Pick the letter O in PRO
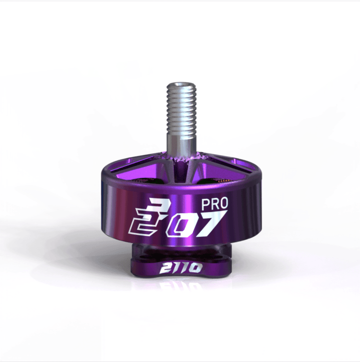point(225,204)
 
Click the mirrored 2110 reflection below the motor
point(181,287)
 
